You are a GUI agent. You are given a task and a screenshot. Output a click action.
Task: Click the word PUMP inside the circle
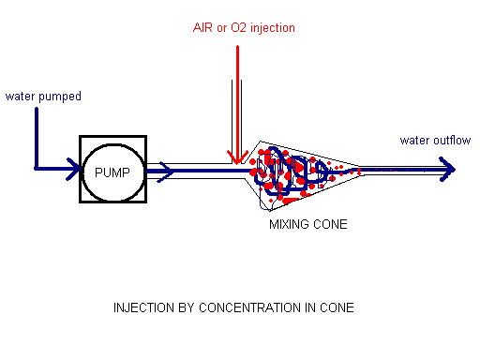click(x=112, y=172)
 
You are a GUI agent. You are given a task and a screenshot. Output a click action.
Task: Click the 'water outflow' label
click(x=435, y=141)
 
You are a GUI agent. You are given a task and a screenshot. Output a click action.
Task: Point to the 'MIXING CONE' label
click(x=307, y=224)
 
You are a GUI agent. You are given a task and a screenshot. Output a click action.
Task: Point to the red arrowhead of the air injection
click(x=234, y=157)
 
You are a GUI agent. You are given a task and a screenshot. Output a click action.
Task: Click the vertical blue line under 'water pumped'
click(x=36, y=136)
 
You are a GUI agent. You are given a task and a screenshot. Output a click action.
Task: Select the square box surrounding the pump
click(x=83, y=141)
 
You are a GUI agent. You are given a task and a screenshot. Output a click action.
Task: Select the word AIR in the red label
click(x=202, y=27)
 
